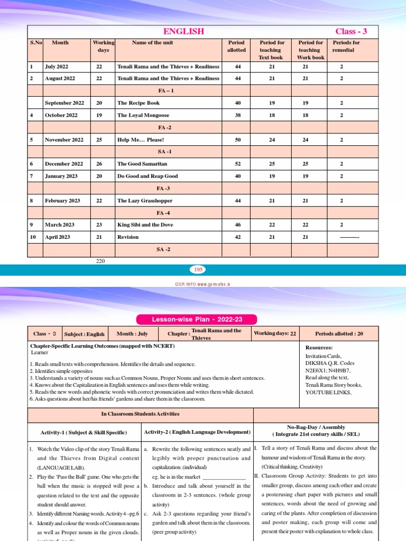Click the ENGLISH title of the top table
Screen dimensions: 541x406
(184, 32)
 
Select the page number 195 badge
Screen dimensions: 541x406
(199, 270)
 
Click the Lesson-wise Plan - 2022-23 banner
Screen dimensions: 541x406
(197, 320)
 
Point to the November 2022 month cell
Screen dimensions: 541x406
(64, 140)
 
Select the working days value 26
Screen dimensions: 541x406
(99, 164)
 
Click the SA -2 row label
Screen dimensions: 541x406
(164, 249)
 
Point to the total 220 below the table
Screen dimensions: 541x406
(100, 261)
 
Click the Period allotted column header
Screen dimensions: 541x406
(236, 46)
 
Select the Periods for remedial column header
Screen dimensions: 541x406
(346, 46)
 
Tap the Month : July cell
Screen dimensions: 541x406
(133, 334)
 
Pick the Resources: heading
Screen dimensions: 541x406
(319, 348)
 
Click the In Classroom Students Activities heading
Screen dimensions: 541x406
(140, 414)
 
